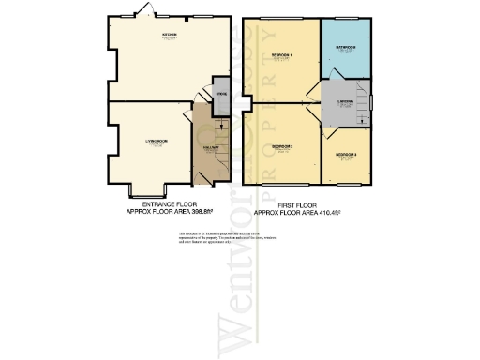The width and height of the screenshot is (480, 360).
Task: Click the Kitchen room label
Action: coord(170,36)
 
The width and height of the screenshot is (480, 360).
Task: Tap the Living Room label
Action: coord(156,142)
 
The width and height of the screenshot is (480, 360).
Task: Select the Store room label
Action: coord(221,95)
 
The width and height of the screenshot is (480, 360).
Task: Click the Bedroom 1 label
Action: coord(282,55)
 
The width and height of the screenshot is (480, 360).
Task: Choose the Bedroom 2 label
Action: coord(282,145)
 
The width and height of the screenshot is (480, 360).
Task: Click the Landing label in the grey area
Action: coord(346,101)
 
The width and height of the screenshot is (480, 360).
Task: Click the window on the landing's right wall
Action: coord(372,100)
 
